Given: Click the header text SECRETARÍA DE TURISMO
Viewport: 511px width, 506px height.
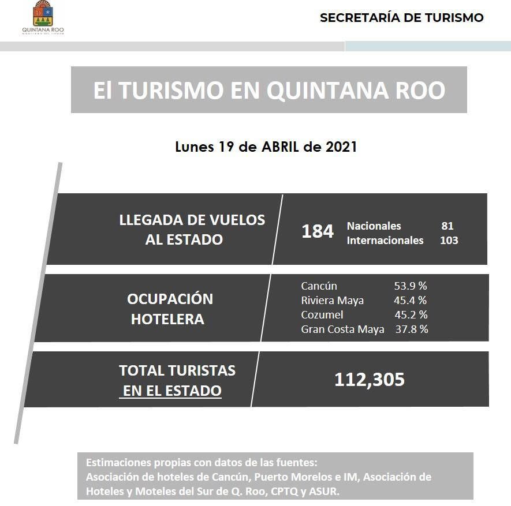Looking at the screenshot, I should coord(401,18).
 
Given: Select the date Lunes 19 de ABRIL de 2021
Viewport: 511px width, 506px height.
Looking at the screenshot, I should coord(266,147).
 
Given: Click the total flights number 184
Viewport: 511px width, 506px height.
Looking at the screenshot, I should coord(318,231).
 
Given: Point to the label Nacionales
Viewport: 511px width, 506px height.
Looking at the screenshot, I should coord(374,226).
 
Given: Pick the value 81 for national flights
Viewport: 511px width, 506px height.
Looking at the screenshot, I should coord(447,226).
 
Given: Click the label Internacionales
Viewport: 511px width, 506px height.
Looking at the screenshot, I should coord(385,240).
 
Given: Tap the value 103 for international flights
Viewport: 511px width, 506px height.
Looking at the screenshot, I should coord(449,240).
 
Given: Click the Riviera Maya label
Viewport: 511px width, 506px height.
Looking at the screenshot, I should coord(332,300).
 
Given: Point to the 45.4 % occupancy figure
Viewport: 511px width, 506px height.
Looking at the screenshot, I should coord(410,300).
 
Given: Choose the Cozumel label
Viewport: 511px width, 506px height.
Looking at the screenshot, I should coord(322,314).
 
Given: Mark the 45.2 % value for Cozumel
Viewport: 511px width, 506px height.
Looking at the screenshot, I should coord(411,314).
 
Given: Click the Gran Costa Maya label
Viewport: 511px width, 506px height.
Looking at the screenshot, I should coord(342,329).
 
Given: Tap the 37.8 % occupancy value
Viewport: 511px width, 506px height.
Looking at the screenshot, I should coord(411,329).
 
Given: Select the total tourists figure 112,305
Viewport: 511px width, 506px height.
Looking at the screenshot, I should coord(370,379).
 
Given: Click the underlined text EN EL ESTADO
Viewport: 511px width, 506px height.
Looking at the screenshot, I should coord(172,391).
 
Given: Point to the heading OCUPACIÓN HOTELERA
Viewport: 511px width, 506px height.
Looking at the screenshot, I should coord(169,309).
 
